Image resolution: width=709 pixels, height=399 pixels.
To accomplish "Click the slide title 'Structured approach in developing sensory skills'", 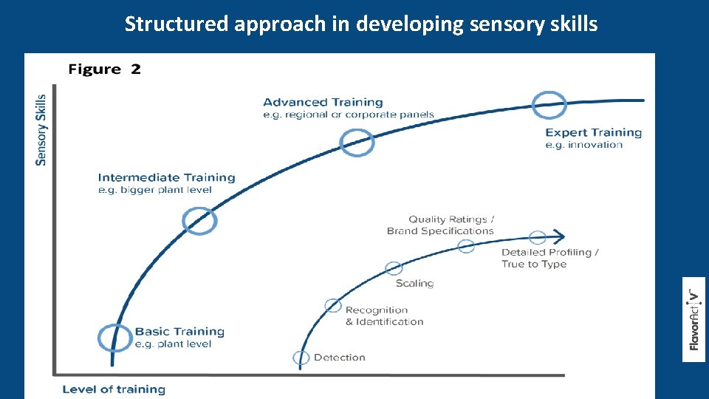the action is (x=360, y=24).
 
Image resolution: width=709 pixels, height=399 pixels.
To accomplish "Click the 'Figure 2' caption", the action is (x=104, y=69).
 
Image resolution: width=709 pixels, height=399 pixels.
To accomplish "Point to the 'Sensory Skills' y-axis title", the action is (x=41, y=129).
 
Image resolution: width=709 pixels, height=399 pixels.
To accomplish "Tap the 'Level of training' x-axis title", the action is (x=114, y=389).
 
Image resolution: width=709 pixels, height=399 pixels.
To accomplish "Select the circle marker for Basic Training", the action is (x=114, y=337).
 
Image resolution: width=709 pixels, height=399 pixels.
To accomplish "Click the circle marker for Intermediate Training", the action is (x=199, y=219).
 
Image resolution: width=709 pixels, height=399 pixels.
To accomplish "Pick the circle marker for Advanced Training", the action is (x=357, y=142).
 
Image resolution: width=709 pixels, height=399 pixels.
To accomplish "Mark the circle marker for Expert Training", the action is (x=549, y=105).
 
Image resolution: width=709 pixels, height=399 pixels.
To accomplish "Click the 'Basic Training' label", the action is (x=179, y=332).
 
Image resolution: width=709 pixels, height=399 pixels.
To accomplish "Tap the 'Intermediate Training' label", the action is (x=166, y=177).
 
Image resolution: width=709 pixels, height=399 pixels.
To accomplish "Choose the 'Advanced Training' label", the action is (x=323, y=103).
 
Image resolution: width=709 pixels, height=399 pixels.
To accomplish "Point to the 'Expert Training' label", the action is (x=593, y=133).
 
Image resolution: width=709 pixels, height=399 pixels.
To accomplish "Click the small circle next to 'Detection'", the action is (x=301, y=358).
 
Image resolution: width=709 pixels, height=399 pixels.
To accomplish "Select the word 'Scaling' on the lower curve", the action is (x=414, y=283).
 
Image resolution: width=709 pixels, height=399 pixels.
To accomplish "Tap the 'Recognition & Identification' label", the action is (x=384, y=316).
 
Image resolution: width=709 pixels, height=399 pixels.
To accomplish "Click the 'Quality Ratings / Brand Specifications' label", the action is (x=441, y=225).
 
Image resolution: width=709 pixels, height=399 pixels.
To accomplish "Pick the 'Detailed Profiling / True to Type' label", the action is (x=549, y=258).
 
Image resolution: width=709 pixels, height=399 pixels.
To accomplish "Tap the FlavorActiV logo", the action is (x=693, y=319).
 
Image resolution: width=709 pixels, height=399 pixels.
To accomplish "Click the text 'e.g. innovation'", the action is (x=584, y=145).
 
